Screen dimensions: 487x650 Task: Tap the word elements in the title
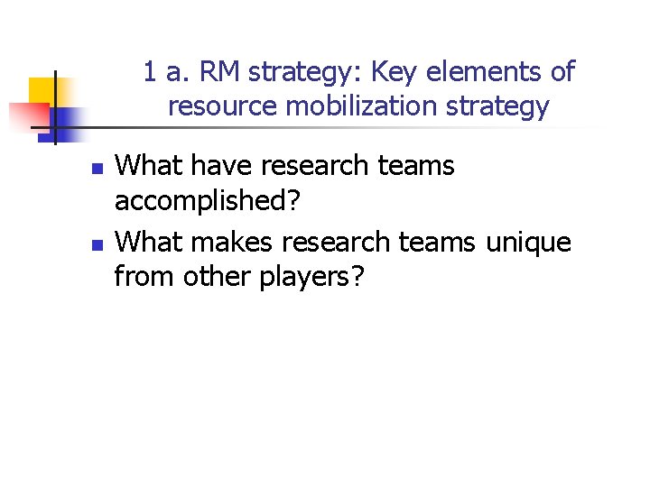489,72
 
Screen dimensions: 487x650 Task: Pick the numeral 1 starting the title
151,72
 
